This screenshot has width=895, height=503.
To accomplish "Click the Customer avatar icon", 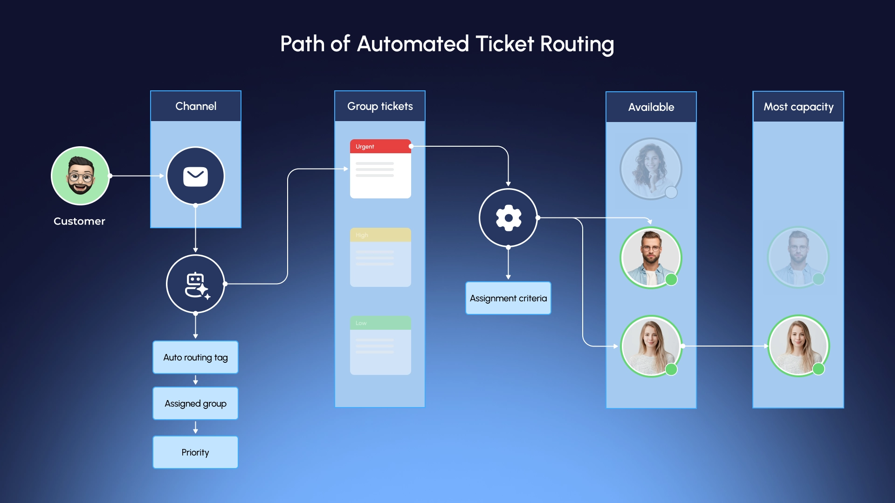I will click(80, 176).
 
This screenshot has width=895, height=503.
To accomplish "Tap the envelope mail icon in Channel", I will click(195, 176).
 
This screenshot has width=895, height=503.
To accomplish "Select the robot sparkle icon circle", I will click(195, 284).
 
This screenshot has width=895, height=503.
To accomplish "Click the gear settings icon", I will click(508, 218).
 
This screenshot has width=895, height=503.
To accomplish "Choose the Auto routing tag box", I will click(195, 357).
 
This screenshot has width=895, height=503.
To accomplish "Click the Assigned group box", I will click(195, 403).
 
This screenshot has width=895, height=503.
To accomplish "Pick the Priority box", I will click(195, 452).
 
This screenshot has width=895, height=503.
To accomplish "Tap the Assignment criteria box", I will click(508, 298).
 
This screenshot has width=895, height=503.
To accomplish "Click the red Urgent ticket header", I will click(380, 146).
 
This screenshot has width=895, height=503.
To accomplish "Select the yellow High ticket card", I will click(380, 257).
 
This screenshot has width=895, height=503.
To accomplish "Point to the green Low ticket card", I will click(380, 346).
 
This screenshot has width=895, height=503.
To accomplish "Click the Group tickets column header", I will click(380, 106).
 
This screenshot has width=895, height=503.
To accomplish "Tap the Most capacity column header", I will click(798, 107).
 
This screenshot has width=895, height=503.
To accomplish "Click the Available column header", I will click(651, 107).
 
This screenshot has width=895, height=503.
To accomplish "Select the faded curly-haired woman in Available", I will click(651, 169).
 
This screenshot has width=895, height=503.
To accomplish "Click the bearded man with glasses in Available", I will click(651, 257).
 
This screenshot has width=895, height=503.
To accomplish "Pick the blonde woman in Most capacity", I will click(798, 346).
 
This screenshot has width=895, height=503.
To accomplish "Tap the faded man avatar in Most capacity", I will click(798, 257).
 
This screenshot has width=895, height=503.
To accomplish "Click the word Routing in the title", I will click(577, 45).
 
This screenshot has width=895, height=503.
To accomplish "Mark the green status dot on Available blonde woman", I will click(671, 369).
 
